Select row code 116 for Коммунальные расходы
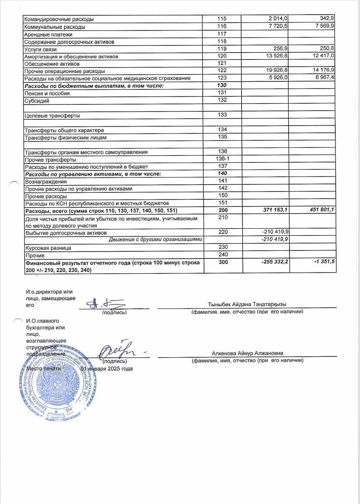coord(222,26)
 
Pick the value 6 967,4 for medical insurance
coord(325,78)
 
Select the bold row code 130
coord(222,85)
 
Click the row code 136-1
coord(222,159)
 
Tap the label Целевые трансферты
coord(52,115)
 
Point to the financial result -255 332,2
coord(275,262)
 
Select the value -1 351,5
coord(324,262)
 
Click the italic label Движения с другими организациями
coord(155,239)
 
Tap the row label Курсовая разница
coord(48,248)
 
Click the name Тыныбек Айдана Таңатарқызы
coord(247,304)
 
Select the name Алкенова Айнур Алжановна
coord(247,353)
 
